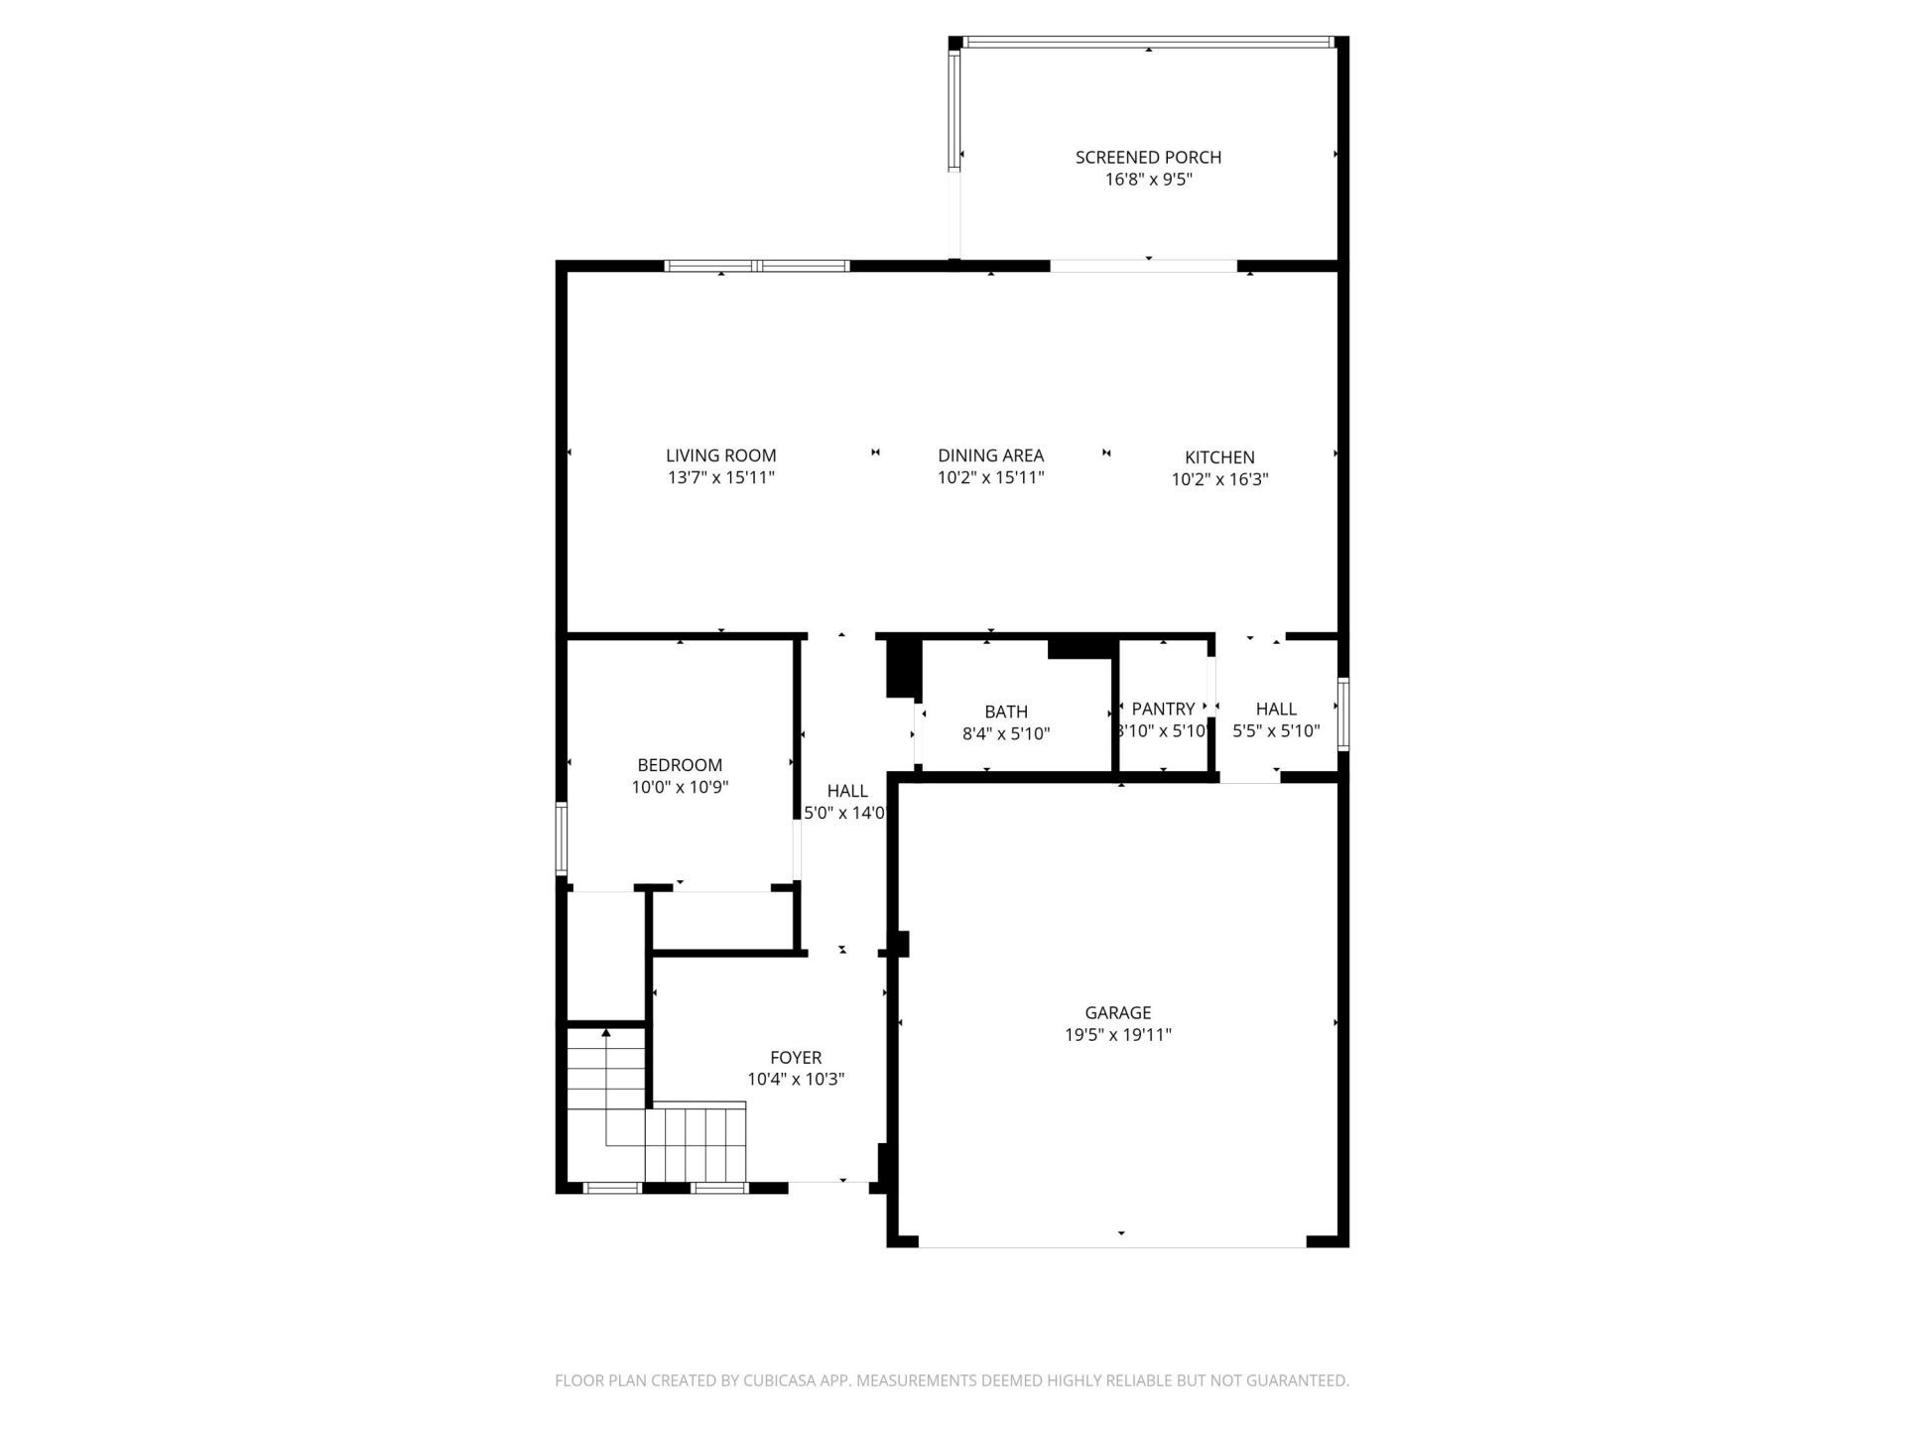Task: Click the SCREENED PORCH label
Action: pos(1148,157)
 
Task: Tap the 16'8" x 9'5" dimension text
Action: pos(1148,180)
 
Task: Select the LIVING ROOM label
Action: pos(720,455)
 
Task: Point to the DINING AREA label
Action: pos(990,455)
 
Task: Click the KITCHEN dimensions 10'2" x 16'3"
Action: pos(1219,479)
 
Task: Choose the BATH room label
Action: pos(1005,712)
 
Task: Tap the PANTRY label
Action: pos(1163,709)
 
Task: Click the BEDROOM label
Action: pos(680,765)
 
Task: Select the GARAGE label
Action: pos(1117,1012)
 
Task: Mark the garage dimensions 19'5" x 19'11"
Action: pos(1117,1035)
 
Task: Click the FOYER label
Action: pos(796,1058)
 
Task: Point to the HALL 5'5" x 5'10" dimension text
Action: pos(1276,731)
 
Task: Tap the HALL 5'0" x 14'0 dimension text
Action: pos(844,813)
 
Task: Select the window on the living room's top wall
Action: pos(756,265)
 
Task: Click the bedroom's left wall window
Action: pos(561,839)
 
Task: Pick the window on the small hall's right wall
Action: pos(1342,713)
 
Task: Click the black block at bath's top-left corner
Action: pos(901,667)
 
